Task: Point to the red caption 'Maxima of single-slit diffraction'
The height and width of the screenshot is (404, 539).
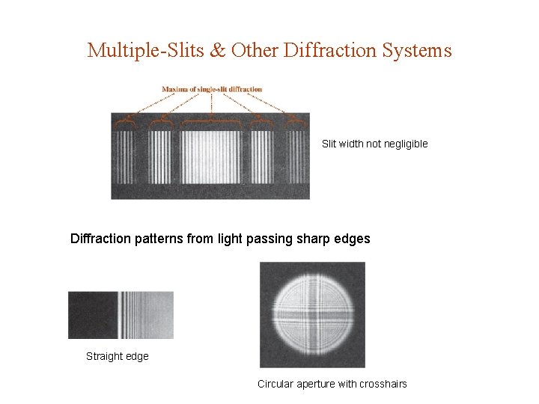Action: pos(212,89)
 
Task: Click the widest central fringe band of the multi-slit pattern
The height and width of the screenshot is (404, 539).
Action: pos(211,157)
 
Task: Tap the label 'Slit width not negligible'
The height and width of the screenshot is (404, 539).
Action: pos(374,144)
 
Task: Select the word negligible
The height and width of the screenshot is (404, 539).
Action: pos(405,144)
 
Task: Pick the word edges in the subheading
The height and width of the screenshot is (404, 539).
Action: pos(353,239)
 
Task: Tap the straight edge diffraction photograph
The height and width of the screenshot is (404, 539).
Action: pos(121,315)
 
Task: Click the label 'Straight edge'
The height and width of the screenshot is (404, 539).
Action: pos(118,356)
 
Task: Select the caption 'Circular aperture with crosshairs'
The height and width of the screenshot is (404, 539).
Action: pos(332,384)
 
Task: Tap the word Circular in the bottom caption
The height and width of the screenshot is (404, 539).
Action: pos(276,384)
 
